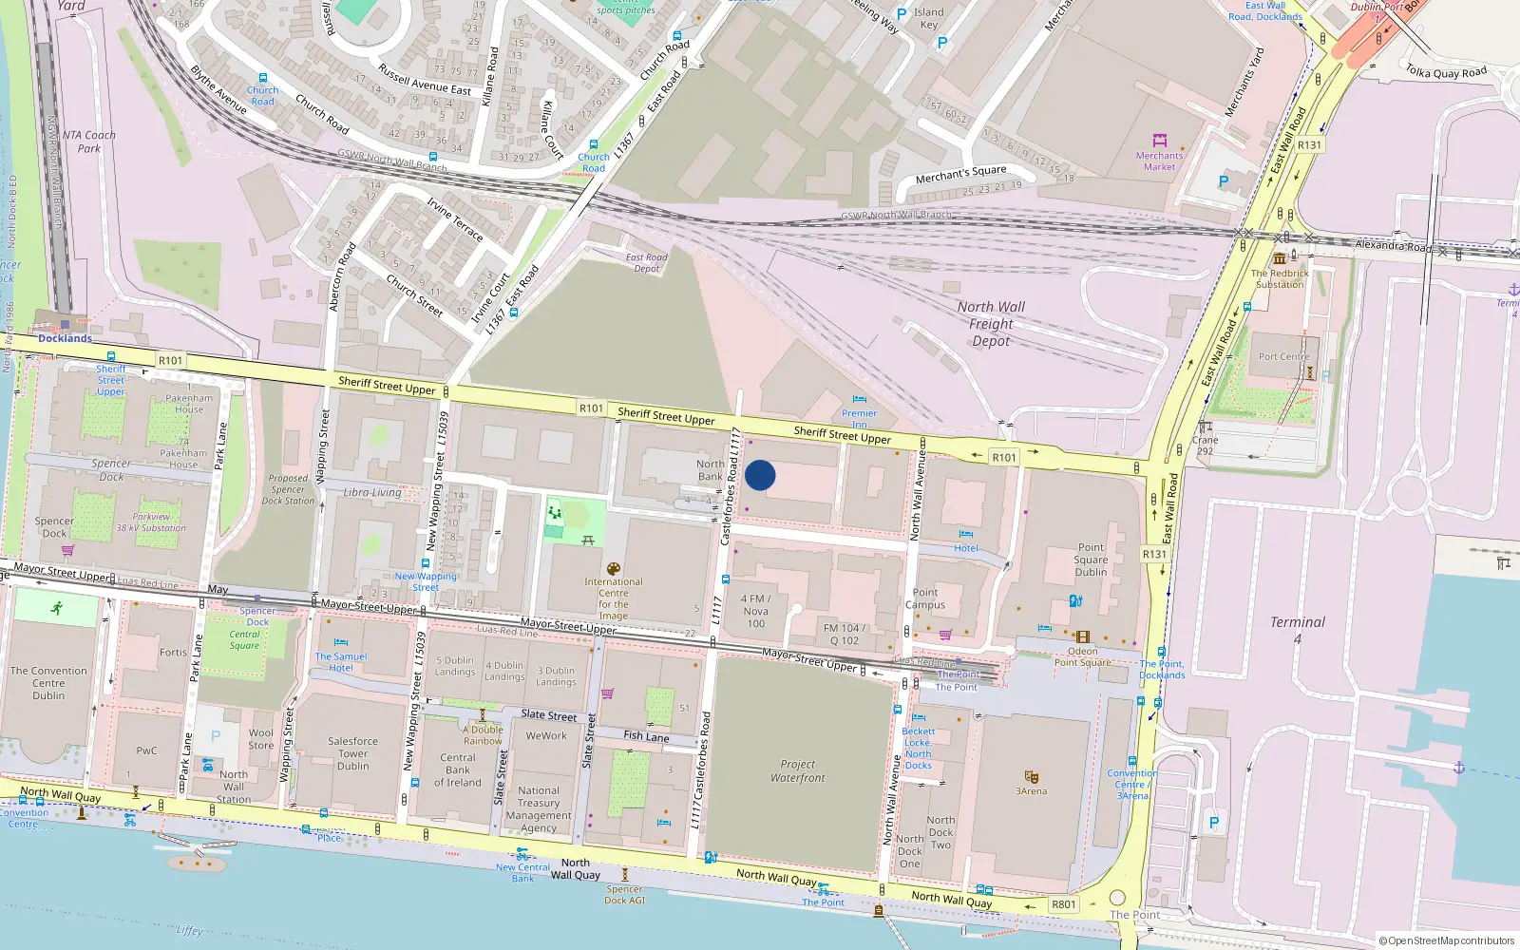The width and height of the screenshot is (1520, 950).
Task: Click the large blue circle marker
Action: (x=760, y=475)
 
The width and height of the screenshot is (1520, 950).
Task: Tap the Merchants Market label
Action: (x=1159, y=161)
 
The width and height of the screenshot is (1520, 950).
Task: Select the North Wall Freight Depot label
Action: (x=991, y=324)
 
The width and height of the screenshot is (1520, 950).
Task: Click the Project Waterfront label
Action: (x=798, y=770)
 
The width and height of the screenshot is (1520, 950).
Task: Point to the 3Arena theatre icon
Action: (x=1031, y=777)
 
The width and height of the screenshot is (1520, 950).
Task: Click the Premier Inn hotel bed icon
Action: (x=859, y=400)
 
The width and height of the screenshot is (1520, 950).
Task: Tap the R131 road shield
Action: (x=1154, y=554)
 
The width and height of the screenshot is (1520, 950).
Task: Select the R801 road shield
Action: (x=1064, y=903)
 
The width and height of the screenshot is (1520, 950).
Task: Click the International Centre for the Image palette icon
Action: (x=614, y=569)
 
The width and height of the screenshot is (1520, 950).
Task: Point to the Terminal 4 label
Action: (x=1298, y=629)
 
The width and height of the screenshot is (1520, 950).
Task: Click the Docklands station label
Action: (x=65, y=338)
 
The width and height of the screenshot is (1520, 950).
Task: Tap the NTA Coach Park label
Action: (x=88, y=142)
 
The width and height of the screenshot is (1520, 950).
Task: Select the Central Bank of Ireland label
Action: (x=458, y=770)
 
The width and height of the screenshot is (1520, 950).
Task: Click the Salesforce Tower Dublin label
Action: (x=352, y=753)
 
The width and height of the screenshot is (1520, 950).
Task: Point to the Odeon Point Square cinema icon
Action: (x=1082, y=637)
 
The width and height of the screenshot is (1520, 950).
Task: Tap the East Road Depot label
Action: (x=646, y=263)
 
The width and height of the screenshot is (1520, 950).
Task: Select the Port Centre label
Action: (x=1283, y=357)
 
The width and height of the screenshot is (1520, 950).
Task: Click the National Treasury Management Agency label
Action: (x=539, y=808)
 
